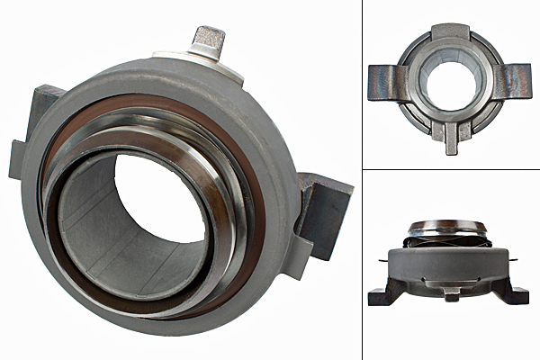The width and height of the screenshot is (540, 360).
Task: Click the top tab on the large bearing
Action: point(210,41)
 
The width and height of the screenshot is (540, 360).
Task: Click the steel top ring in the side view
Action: point(448,225)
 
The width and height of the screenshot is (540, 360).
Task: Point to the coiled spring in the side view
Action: point(448,240)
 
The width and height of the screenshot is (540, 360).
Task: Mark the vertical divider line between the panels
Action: point(362,180)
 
